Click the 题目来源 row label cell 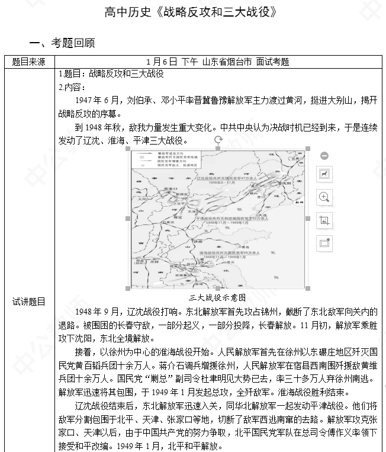tap(28, 62)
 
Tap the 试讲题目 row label tap(28, 302)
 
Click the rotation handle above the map tap(218, 140)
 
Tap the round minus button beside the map tap(324, 156)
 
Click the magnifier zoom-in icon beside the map tap(324, 197)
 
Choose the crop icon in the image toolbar tap(324, 220)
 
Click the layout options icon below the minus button tap(324, 174)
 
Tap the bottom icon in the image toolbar tap(324, 242)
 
